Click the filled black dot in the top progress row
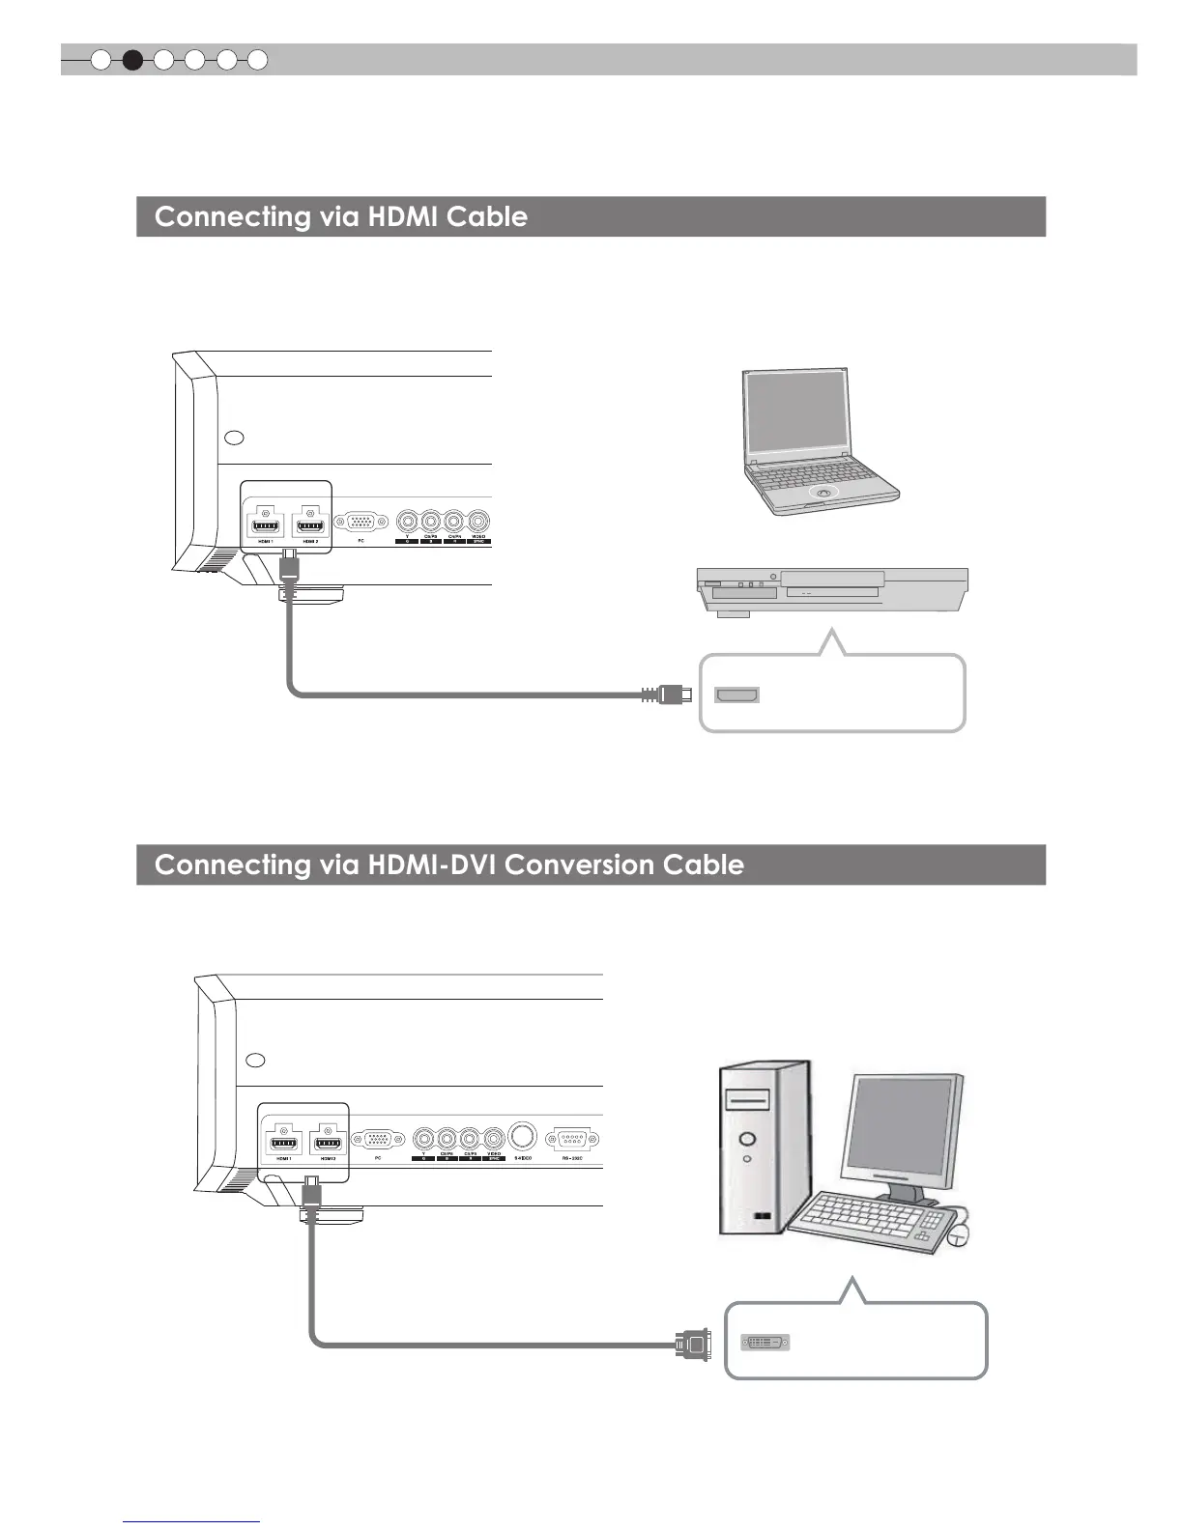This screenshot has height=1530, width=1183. (x=132, y=61)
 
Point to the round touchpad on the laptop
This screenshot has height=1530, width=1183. (x=822, y=493)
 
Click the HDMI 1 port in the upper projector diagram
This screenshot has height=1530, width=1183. (x=265, y=525)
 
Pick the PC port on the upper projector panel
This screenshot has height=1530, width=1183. (x=361, y=522)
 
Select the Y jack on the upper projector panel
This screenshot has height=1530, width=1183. (x=408, y=522)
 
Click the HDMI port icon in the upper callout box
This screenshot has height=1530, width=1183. (x=736, y=694)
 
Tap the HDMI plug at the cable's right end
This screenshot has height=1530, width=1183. (x=671, y=694)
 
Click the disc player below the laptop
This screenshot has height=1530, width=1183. (x=831, y=591)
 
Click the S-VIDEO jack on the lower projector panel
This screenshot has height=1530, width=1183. (x=522, y=1135)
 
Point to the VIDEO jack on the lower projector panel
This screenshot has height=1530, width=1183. (x=495, y=1138)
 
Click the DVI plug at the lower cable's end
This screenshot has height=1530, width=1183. (x=694, y=1343)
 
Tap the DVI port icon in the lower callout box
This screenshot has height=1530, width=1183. (x=765, y=1343)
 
